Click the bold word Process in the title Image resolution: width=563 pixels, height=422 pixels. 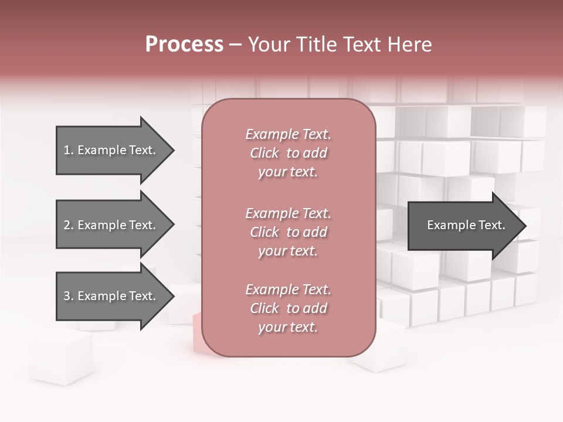click(184, 45)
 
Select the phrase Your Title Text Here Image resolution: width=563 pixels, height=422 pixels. click(340, 45)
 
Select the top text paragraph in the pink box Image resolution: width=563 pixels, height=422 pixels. click(288, 153)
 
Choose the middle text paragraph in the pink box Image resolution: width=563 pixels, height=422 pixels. click(288, 232)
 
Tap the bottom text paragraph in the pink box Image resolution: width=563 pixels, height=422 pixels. click(288, 308)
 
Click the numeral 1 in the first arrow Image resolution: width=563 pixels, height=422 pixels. click(67, 150)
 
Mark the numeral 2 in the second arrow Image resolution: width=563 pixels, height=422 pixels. click(67, 225)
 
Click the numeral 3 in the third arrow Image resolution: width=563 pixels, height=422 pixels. click(67, 296)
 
